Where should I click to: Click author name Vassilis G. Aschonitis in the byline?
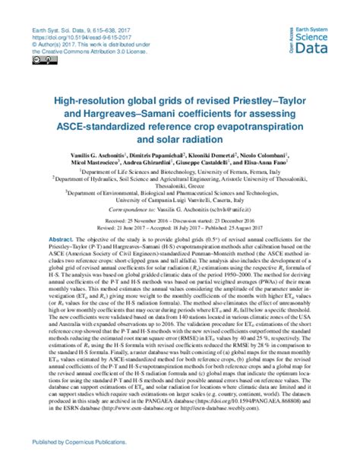(97, 154)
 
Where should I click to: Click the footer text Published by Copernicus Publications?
(80, 461)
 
